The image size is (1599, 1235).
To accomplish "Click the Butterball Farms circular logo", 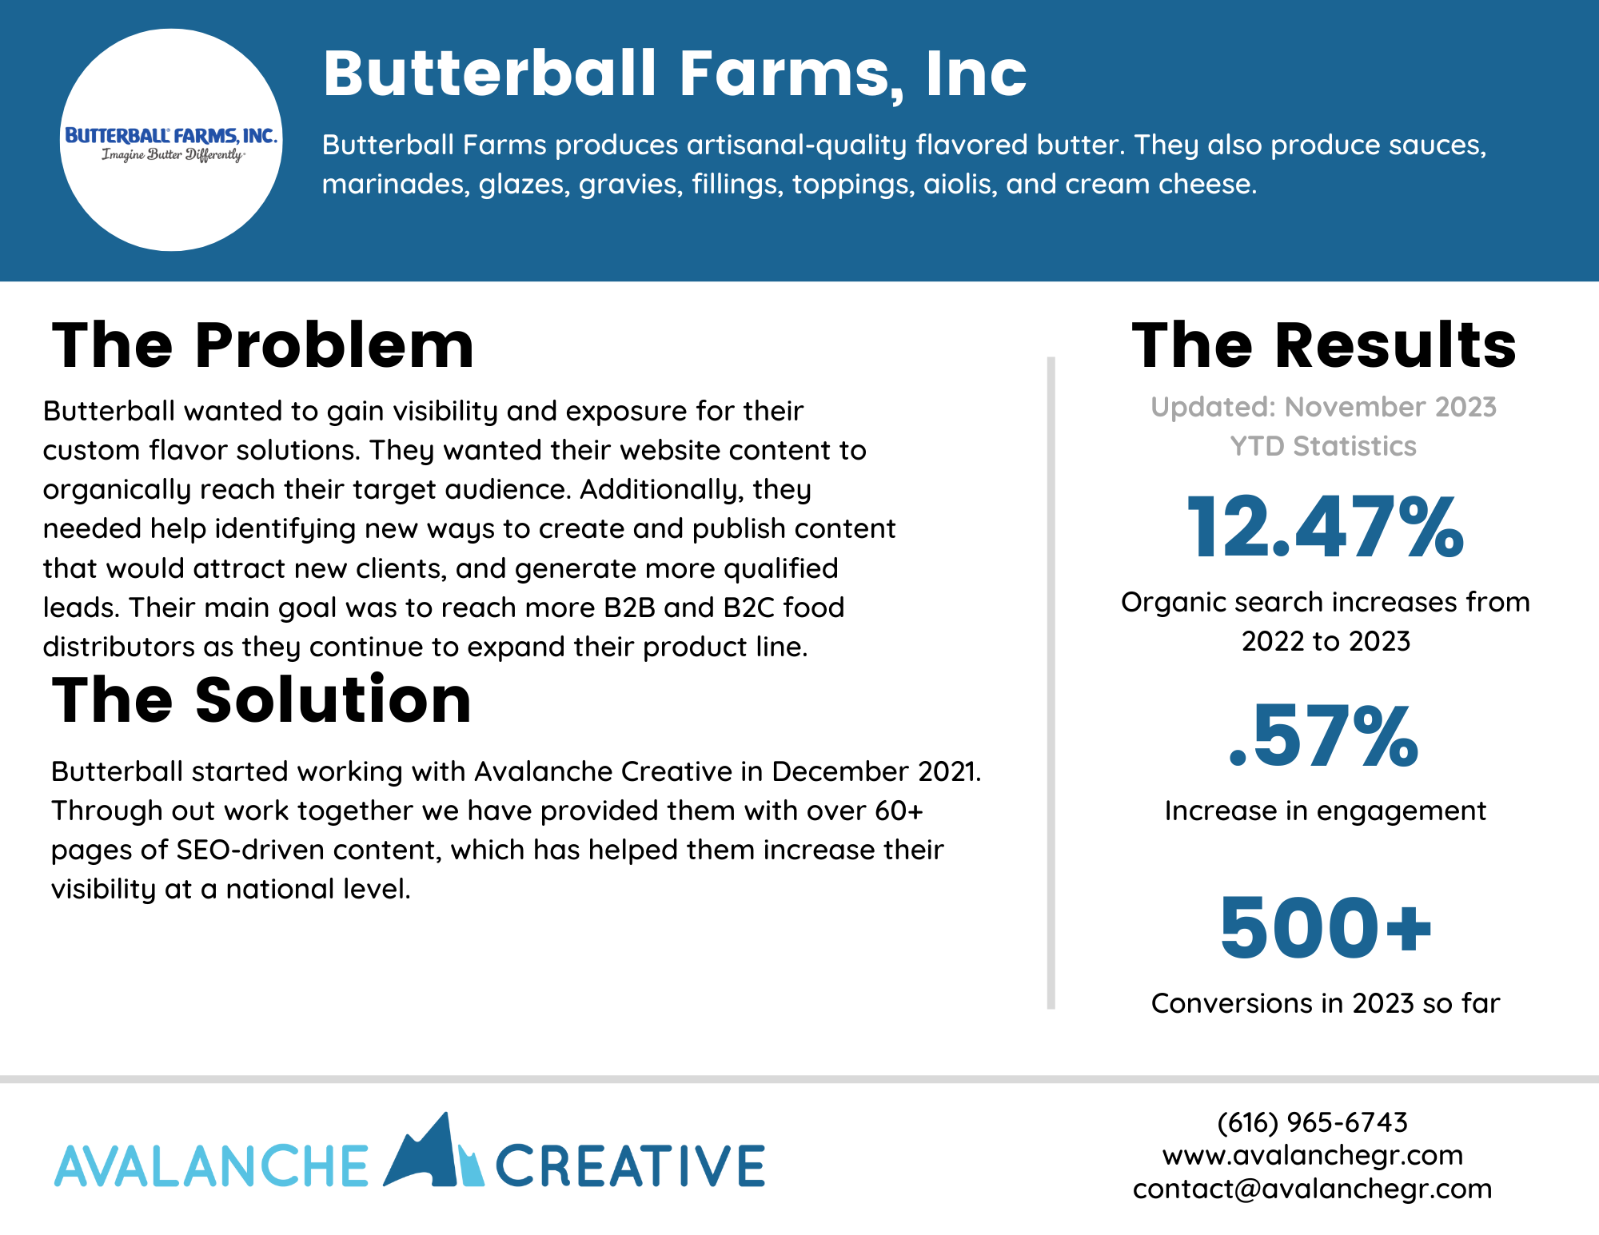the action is (171, 140).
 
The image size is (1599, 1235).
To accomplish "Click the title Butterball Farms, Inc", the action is (675, 74).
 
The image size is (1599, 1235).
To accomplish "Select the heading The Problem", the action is (263, 345).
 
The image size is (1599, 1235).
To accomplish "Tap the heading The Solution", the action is (261, 700).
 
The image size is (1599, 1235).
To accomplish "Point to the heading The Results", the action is (1324, 345).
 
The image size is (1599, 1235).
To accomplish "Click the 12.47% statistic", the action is (1326, 527).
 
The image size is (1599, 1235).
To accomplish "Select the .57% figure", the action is (1324, 736).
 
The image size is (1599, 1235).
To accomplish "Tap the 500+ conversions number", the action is (1326, 927).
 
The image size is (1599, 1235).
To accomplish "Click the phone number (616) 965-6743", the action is (1312, 1122).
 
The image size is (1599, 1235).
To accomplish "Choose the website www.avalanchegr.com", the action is (1313, 1155).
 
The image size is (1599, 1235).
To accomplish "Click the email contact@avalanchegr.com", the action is (1313, 1189).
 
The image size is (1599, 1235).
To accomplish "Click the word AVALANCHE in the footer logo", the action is (211, 1165).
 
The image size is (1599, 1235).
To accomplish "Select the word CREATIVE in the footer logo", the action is (630, 1165).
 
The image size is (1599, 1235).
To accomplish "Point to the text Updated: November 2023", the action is (1324, 407).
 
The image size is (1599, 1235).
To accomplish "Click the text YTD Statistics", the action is (1323, 446).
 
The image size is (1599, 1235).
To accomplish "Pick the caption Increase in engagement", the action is (1326, 811).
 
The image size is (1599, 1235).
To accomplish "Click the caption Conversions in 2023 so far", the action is (1326, 1003).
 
